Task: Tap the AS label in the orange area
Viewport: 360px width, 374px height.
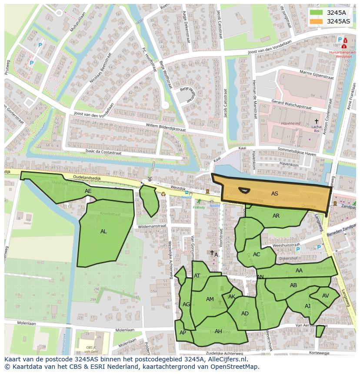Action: point(274,194)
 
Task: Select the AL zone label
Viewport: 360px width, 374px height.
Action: point(103,232)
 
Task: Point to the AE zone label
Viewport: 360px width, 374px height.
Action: point(88,191)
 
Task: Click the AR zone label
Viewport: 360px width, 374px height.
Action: point(276,216)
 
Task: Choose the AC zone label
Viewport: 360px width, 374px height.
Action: point(257,255)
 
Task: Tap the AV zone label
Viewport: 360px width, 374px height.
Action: point(326,296)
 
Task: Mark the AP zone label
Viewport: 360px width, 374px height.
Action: point(183,333)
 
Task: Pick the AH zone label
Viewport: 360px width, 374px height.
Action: point(218,331)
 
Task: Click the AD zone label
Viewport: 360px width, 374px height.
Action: point(245,314)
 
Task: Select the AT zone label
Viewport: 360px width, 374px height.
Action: point(197,276)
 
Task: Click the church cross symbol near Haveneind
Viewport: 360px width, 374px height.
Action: point(317,121)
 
